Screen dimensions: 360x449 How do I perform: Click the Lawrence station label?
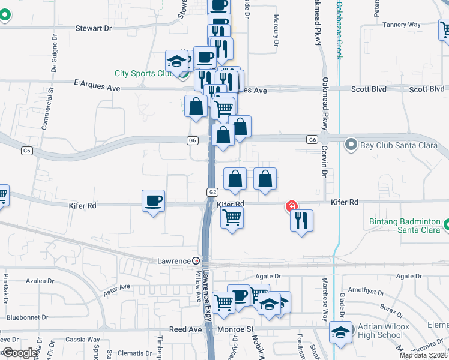[x=174, y=261]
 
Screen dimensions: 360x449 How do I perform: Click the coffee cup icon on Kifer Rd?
[x=154, y=200]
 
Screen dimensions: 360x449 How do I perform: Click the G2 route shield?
[x=212, y=192]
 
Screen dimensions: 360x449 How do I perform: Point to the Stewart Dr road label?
[x=94, y=28]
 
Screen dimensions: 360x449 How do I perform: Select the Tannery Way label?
[x=402, y=25]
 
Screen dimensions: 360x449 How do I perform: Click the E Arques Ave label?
[x=97, y=88]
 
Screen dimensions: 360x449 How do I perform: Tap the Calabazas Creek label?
[x=339, y=30]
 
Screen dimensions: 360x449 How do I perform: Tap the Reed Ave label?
[x=185, y=329]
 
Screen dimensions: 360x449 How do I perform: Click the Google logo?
[x=20, y=353]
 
